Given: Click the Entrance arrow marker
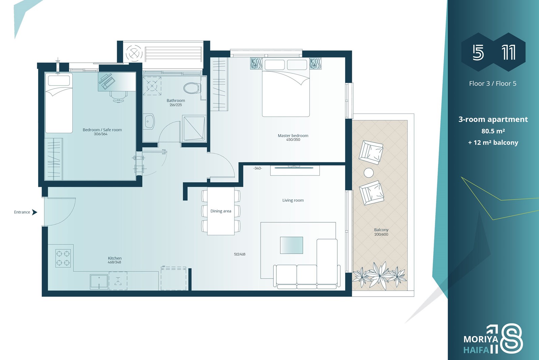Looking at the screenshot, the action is click(x=35, y=212).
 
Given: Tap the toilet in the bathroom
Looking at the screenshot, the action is click(x=192, y=88).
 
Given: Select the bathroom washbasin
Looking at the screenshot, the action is click(x=149, y=122).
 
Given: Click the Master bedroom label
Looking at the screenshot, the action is click(x=293, y=136).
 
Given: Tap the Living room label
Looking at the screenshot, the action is click(x=293, y=200).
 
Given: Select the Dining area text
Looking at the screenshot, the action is click(x=221, y=211).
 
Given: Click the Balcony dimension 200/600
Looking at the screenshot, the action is click(x=381, y=234).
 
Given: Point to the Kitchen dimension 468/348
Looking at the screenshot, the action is click(x=114, y=262).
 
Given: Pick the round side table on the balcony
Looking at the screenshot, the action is click(x=369, y=173).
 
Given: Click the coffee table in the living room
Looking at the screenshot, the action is click(x=291, y=245).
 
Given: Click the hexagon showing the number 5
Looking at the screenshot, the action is click(x=478, y=52).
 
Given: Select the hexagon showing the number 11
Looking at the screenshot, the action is click(x=509, y=52).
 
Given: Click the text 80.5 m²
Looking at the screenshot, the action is click(x=493, y=131).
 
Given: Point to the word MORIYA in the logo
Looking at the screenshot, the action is click(x=481, y=339).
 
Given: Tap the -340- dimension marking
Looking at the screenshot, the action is click(x=257, y=168).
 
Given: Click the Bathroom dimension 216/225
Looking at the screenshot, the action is click(x=176, y=105).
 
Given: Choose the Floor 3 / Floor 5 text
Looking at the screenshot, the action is click(x=493, y=84).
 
